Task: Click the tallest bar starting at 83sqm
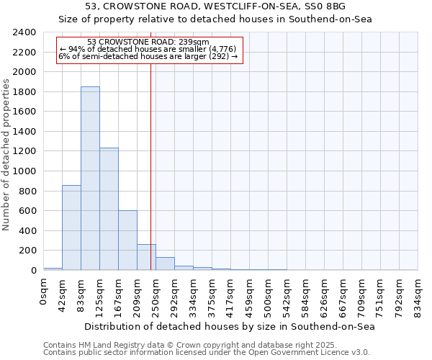coord(90,178)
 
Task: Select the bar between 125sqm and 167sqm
coord(109,209)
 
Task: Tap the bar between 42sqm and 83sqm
coord(71,228)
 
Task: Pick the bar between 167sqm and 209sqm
coord(127,240)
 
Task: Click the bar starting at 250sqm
coord(165,264)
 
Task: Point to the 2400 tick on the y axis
coord(25,32)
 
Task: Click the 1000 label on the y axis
coord(25,171)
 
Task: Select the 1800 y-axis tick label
coord(25,92)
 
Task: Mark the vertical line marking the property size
coord(150,166)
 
